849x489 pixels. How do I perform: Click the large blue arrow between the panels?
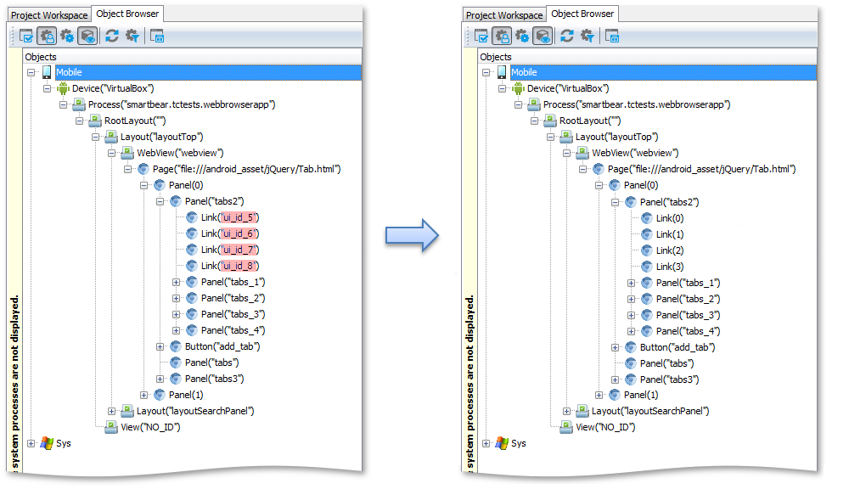412,235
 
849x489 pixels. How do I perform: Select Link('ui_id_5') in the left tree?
230,217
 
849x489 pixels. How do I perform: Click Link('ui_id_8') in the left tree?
230,266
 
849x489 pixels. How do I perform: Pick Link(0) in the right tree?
670,218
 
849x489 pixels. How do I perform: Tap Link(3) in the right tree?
670,267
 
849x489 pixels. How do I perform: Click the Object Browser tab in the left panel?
128,14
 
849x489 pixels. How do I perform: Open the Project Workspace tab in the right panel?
504,15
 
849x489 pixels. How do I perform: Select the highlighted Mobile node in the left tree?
70,72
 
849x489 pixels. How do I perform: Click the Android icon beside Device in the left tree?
64,88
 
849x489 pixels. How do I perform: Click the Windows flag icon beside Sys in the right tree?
502,443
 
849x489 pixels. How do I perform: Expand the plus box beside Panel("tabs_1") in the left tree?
176,282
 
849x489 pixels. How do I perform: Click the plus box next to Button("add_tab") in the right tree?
615,348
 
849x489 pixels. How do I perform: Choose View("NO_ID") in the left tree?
150,427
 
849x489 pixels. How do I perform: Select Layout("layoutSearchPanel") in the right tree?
650,411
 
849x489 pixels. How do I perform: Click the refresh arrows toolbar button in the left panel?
112,37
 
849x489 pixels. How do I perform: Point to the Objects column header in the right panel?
496,57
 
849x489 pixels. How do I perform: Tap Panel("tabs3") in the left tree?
215,379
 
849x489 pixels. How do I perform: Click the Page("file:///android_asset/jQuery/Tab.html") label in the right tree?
702,169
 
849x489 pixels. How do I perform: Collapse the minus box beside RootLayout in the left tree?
80,121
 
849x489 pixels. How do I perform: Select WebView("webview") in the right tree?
635,154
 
